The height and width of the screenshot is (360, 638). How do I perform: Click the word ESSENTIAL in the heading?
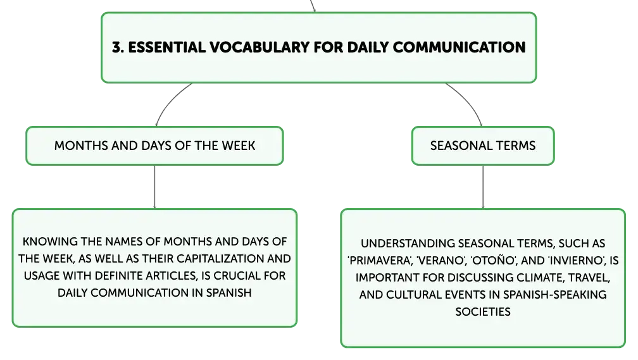[x=167, y=47]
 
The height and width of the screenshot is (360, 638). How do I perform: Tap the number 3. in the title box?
[x=118, y=47]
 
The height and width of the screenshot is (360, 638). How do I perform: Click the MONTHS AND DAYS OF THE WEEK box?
[x=154, y=146]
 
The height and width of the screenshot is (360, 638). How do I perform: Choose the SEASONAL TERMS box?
[x=483, y=146]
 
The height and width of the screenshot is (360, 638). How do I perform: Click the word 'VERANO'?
[x=441, y=260]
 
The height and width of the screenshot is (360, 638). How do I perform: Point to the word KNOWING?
[x=49, y=242]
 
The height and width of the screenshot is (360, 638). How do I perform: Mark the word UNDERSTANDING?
[x=408, y=243]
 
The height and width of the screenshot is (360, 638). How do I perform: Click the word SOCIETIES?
[x=483, y=311]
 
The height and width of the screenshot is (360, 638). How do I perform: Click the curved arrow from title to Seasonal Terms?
[x=468, y=100]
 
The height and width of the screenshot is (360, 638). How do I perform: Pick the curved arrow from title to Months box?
[x=170, y=100]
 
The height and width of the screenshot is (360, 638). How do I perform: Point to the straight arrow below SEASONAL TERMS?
[x=483, y=187]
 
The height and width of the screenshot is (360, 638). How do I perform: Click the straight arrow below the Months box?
[x=154, y=187]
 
